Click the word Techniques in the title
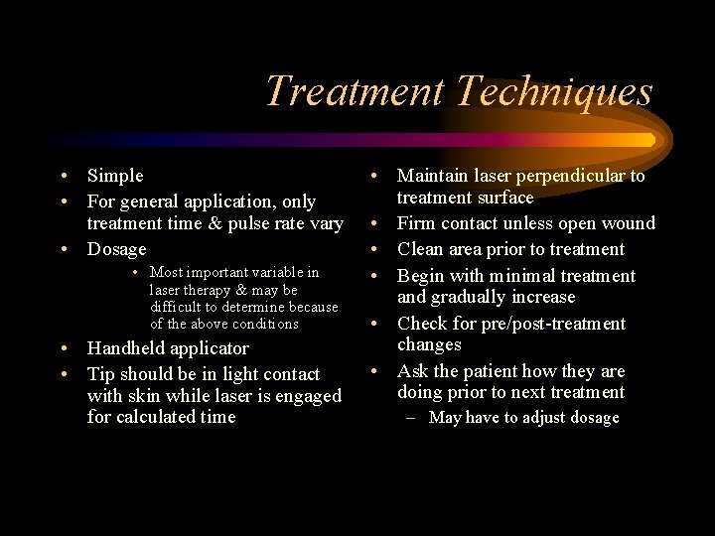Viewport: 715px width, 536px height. (x=554, y=92)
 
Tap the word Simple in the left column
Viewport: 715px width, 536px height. (x=115, y=176)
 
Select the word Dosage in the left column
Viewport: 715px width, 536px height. (x=116, y=249)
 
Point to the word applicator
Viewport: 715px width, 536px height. (x=212, y=348)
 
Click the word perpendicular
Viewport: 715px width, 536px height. (x=560, y=176)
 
